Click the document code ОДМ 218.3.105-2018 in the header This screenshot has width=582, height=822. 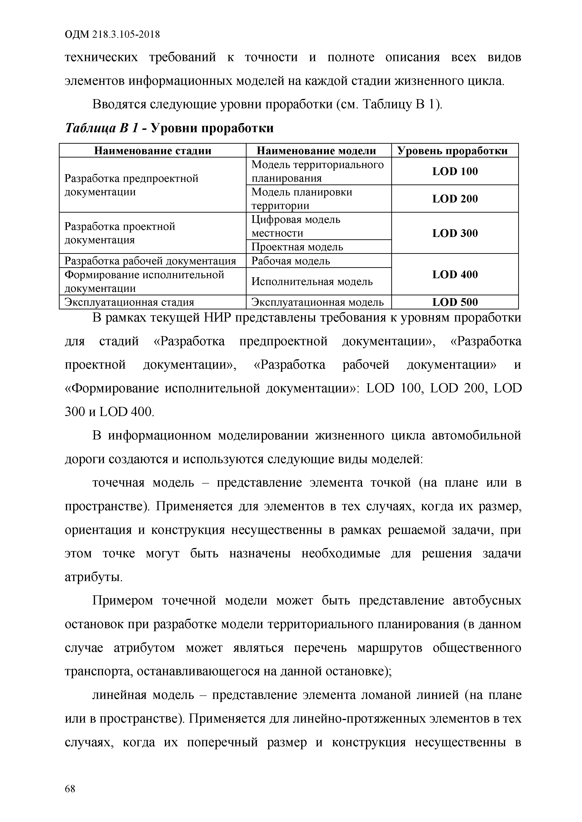click(x=112, y=35)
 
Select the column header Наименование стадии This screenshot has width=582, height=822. click(x=153, y=151)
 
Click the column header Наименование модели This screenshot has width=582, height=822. click(x=316, y=151)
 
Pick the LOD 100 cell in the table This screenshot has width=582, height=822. click(x=455, y=172)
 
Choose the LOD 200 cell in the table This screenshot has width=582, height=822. click(x=455, y=199)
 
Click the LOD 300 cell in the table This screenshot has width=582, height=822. click(x=455, y=233)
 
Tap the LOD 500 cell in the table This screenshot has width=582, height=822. click(x=455, y=302)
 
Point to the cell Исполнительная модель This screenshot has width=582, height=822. click(x=312, y=282)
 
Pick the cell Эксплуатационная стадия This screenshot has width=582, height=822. click(x=129, y=302)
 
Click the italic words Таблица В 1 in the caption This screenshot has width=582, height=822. click(x=101, y=128)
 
